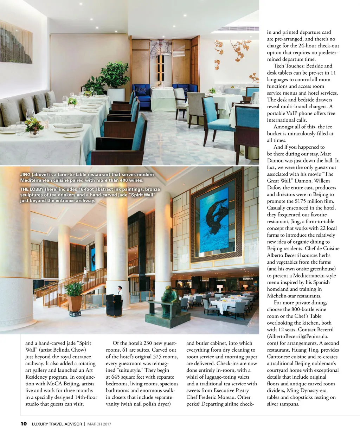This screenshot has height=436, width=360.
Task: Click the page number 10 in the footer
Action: (x=24, y=424)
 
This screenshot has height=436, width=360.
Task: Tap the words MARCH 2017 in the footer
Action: (x=99, y=424)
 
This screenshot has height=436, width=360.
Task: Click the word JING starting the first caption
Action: (x=25, y=174)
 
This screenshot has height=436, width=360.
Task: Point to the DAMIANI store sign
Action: (x=248, y=279)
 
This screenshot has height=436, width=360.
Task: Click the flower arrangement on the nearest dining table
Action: (x=34, y=126)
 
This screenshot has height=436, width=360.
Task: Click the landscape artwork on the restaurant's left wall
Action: (x=16, y=42)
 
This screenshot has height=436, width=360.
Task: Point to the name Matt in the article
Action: (x=326, y=154)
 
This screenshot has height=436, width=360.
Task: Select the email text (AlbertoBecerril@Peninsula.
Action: (x=297, y=336)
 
